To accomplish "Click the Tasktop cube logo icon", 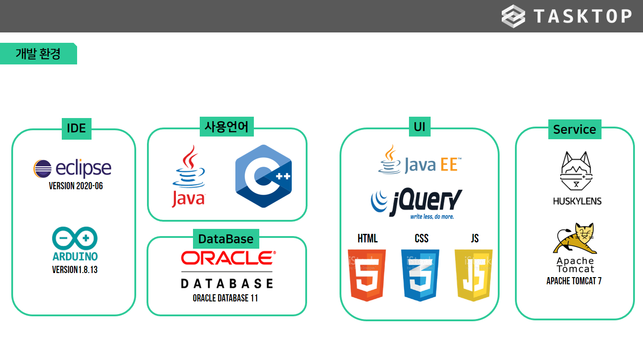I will [x=513, y=16].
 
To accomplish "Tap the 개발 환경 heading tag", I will [x=38, y=54].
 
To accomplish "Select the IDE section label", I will [x=76, y=128].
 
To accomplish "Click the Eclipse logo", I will [x=72, y=169].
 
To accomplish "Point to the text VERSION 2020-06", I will [x=76, y=186].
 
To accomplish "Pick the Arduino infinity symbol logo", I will [x=75, y=239].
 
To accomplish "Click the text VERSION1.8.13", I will [x=75, y=270].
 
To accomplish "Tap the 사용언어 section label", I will [x=226, y=127].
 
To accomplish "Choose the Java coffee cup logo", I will [x=188, y=176].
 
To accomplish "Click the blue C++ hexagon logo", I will [x=263, y=176].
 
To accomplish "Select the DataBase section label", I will [x=226, y=239].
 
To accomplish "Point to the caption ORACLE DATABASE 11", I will [x=225, y=298].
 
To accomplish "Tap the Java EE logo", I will [x=419, y=161].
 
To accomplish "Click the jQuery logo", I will [x=416, y=203].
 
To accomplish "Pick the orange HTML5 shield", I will [x=367, y=274].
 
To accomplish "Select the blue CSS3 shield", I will [x=420, y=274].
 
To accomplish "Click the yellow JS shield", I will [x=473, y=274].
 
